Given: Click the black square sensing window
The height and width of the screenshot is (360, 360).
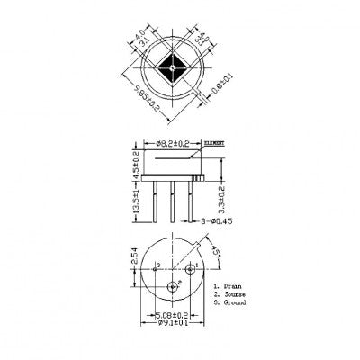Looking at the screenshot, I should [x=170, y=65].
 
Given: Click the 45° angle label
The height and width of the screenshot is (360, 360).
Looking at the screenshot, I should [x=217, y=248].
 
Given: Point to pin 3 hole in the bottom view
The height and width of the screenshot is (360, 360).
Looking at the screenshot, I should [x=155, y=267].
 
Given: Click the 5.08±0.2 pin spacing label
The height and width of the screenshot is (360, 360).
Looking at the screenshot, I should [x=172, y=316].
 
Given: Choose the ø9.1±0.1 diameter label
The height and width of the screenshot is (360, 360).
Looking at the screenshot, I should [x=172, y=324].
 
